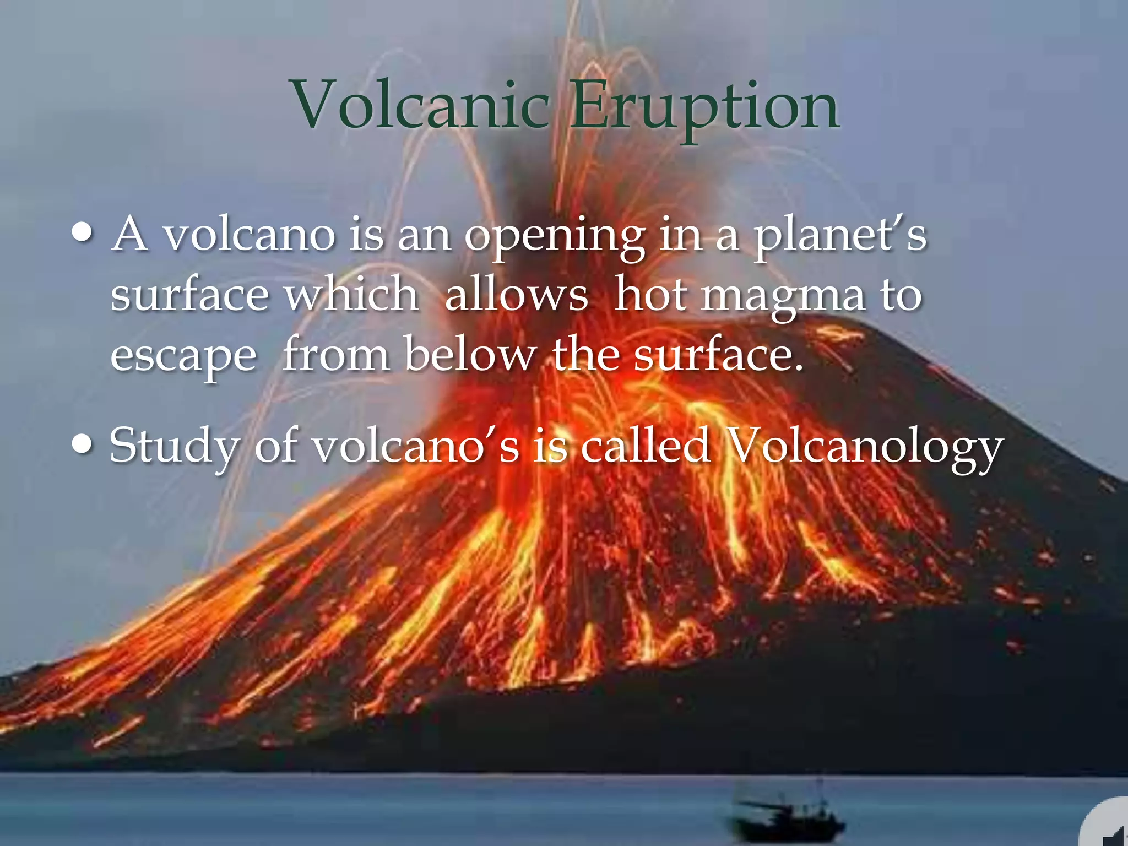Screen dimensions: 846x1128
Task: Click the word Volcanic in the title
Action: tap(421, 105)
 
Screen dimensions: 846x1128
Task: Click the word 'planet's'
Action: tap(840, 236)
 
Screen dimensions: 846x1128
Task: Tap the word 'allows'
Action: tap(516, 294)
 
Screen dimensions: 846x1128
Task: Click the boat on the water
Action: tap(788, 818)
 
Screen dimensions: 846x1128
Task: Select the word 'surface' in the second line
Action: tap(189, 294)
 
